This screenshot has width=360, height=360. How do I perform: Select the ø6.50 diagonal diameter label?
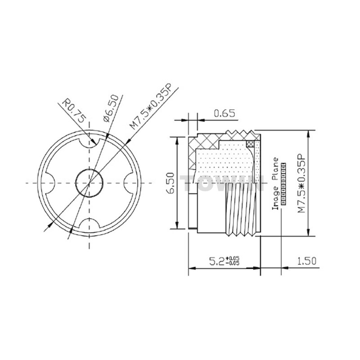(x=111, y=108)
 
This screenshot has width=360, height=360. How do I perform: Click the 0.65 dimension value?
(x=224, y=113)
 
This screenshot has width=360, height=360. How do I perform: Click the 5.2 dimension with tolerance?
(x=224, y=261)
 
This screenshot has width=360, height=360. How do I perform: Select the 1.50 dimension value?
(x=307, y=261)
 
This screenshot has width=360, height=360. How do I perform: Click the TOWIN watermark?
(x=222, y=183)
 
